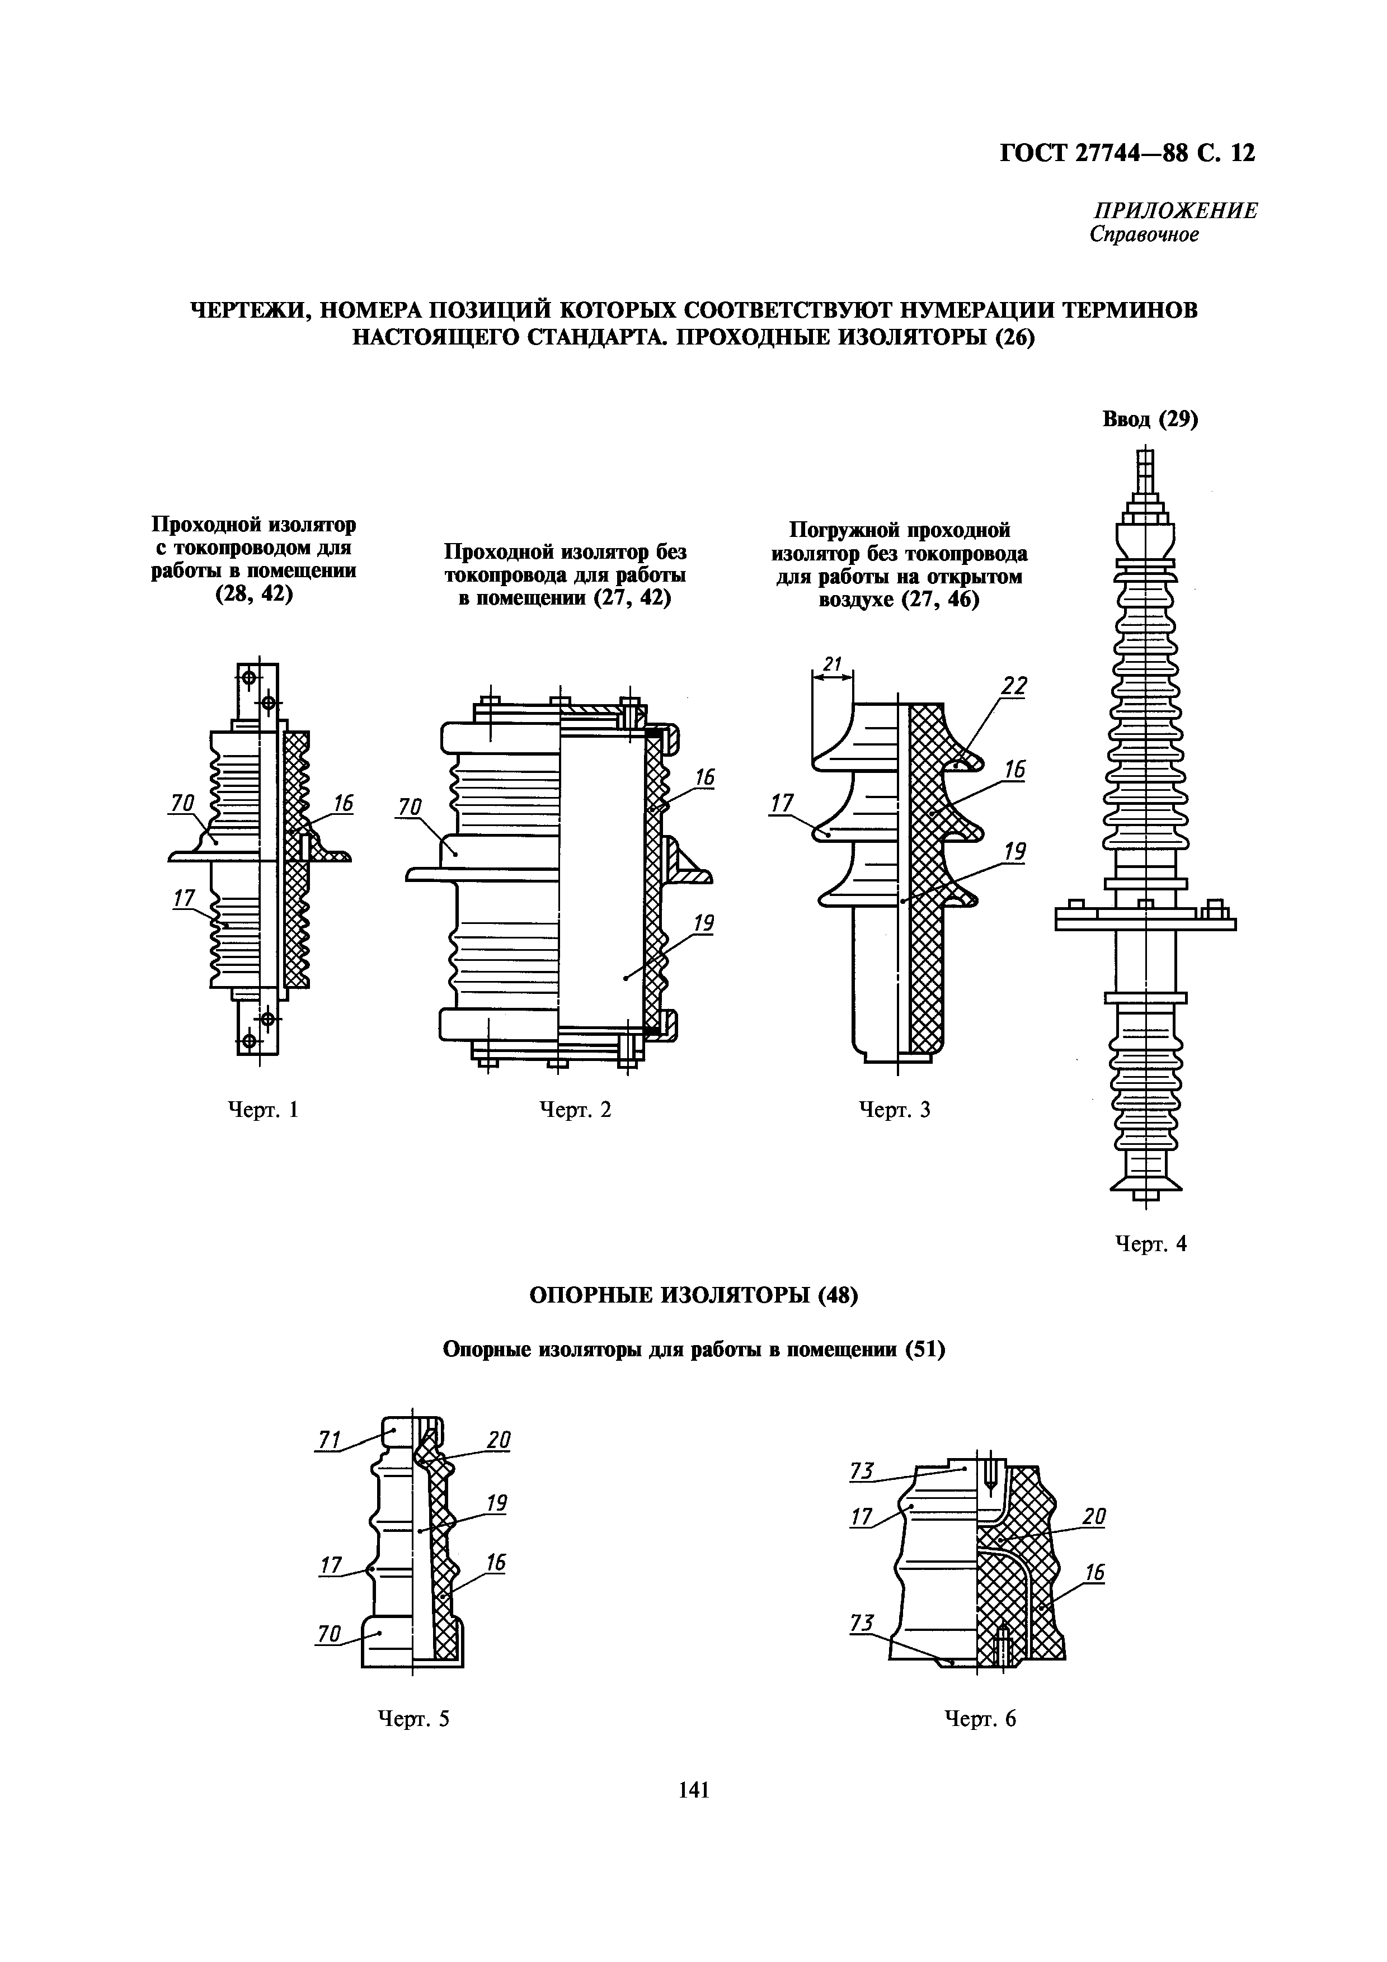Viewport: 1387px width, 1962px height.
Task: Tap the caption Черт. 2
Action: (575, 1110)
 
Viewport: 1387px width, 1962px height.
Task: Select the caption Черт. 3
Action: (894, 1110)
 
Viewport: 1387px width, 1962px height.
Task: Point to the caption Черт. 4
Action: (1151, 1244)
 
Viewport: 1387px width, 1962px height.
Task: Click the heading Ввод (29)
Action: (1151, 419)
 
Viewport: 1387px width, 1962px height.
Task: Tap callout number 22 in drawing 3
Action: (1014, 686)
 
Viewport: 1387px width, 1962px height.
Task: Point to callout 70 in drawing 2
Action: (410, 806)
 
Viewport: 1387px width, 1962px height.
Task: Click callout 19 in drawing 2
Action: (703, 923)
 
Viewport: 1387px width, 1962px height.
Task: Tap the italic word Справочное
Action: (1144, 235)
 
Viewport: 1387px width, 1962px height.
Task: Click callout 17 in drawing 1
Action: (184, 898)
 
